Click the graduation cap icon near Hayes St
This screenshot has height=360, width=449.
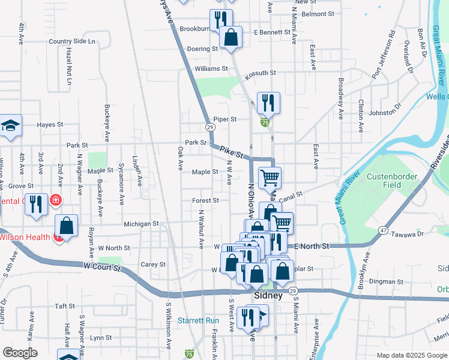tap(11, 125)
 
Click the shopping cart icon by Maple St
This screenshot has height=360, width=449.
tap(270, 177)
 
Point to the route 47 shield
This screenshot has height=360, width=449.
tap(382, 230)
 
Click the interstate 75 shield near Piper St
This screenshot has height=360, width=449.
tap(265, 122)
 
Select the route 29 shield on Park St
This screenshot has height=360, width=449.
tap(209, 127)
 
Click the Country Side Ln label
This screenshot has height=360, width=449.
tap(72, 41)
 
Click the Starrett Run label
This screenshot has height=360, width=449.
tap(203, 320)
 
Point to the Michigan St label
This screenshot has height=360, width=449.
tap(140, 224)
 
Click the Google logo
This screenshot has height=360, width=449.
tap(20, 353)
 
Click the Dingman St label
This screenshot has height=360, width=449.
tap(386, 281)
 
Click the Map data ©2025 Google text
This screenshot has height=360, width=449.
tap(411, 355)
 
